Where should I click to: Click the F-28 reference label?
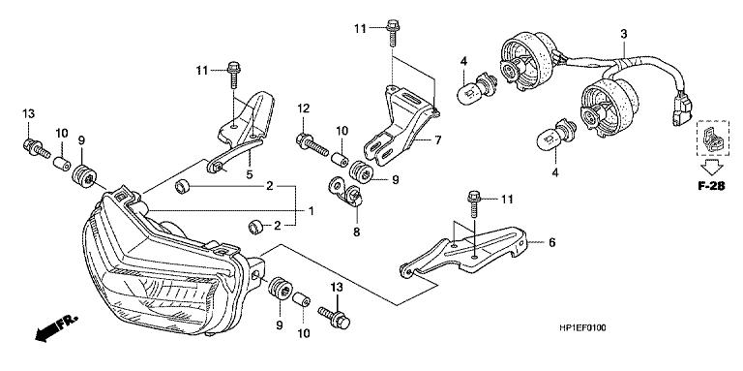711,186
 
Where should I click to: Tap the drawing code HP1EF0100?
582,327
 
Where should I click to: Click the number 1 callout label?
312,209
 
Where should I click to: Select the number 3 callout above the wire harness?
624,34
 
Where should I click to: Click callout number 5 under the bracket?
250,174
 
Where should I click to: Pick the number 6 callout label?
551,242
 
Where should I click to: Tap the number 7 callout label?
438,139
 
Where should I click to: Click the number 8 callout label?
356,232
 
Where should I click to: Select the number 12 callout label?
303,108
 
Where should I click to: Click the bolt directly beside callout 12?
312,144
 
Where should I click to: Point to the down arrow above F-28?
711,167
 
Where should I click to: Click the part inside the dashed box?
712,139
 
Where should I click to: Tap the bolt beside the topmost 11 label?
392,31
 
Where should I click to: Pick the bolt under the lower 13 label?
335,317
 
